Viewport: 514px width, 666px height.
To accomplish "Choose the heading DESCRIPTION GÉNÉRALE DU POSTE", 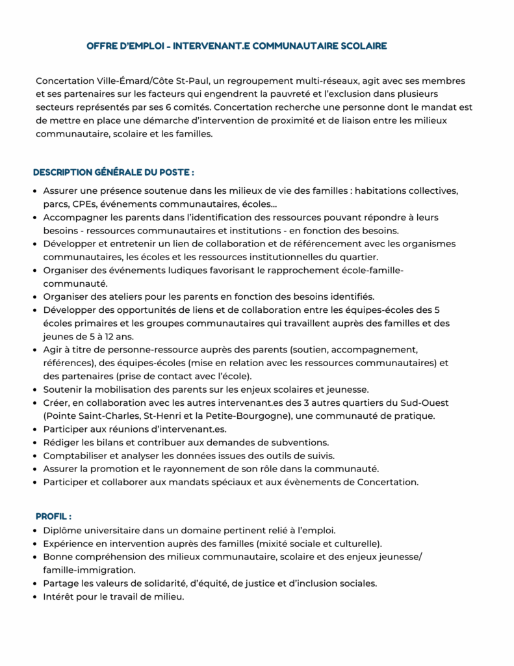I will (114, 172).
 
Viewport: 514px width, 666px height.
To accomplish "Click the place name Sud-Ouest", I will (426, 403).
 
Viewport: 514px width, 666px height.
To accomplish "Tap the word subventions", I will (298, 442).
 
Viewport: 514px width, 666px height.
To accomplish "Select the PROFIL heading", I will (53, 516).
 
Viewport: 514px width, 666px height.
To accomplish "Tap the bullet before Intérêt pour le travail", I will (36, 596).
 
